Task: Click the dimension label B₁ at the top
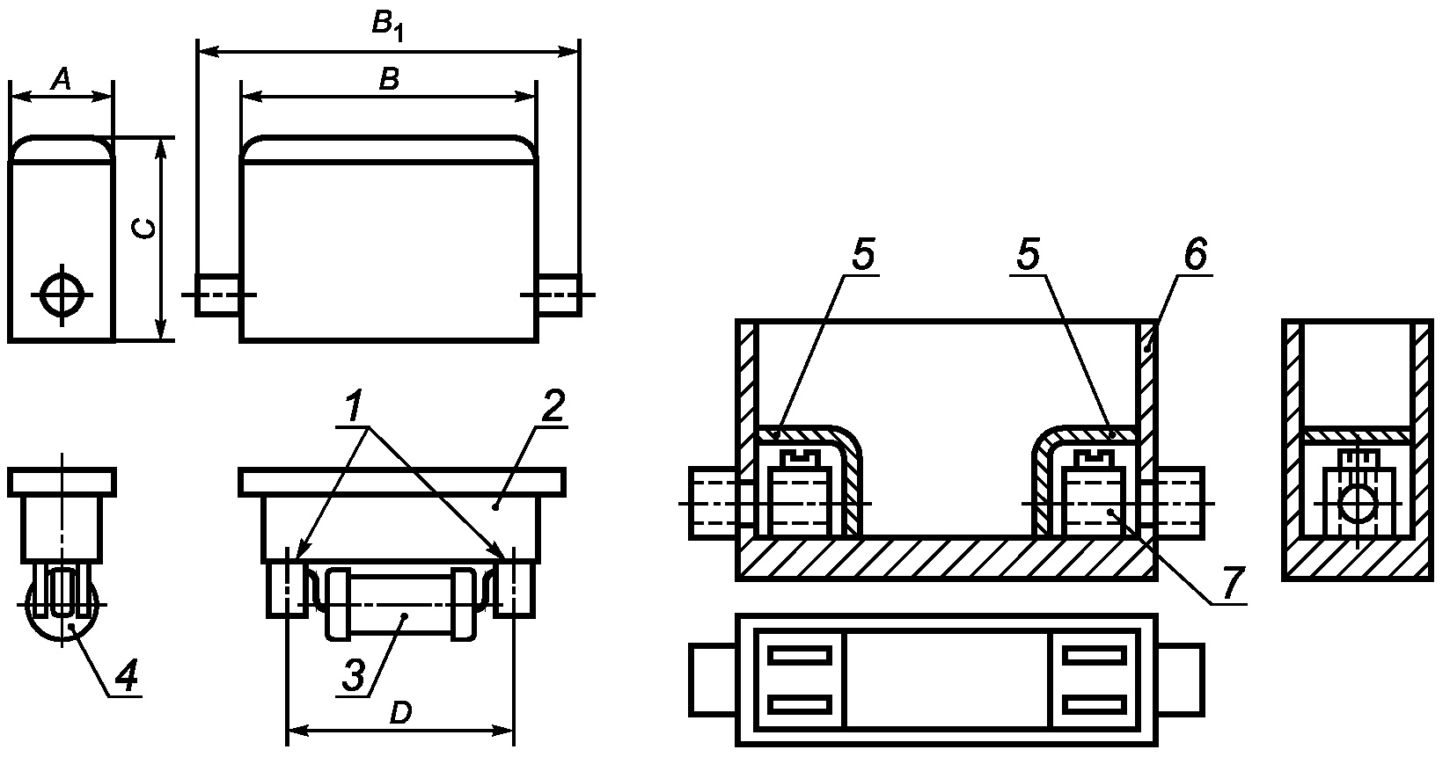(388, 26)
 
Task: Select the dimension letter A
(62, 80)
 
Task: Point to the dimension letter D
(400, 712)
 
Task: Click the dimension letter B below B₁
(389, 80)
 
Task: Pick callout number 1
(353, 405)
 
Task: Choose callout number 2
(553, 405)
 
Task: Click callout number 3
(353, 675)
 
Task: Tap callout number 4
(126, 676)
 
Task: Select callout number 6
(1195, 254)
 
